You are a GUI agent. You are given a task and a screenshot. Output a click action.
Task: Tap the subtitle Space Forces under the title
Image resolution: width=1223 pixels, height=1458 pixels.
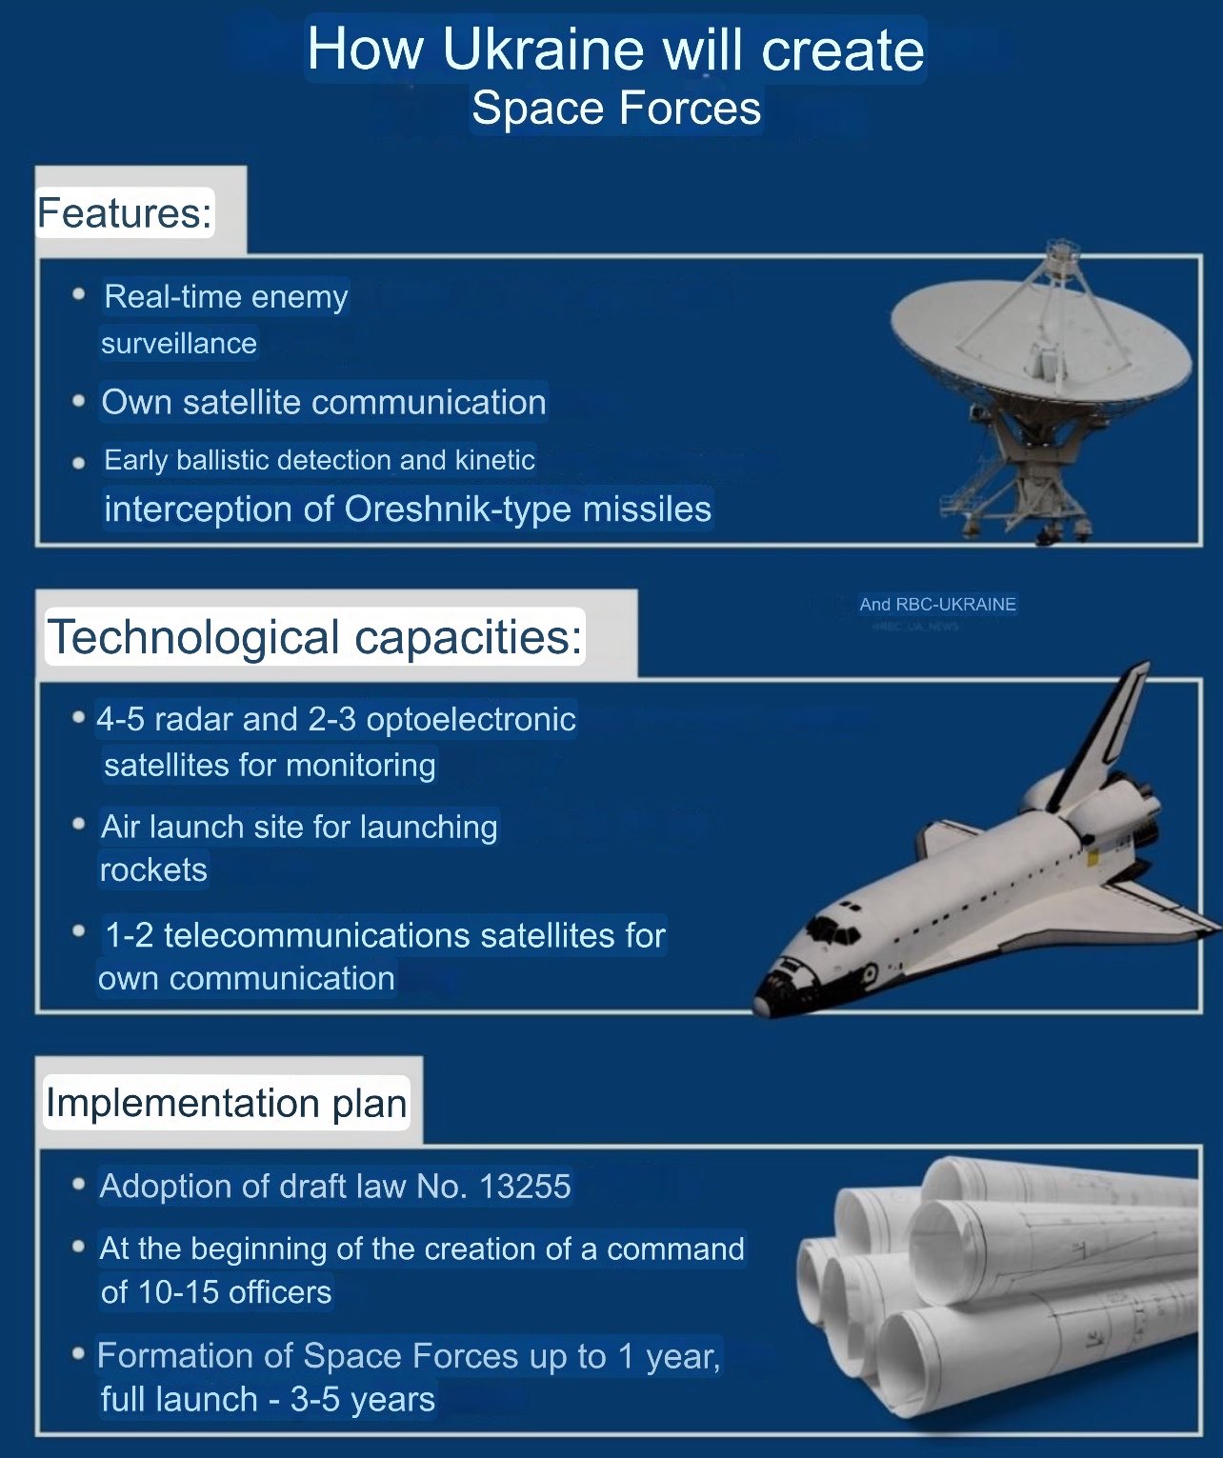point(616,109)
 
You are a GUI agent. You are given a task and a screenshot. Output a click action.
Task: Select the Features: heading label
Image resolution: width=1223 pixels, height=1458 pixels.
point(125,212)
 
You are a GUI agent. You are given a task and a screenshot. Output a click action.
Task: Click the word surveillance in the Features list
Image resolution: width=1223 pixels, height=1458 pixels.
point(179,343)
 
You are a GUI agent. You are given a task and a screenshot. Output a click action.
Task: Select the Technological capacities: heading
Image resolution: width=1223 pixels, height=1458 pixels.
point(314,636)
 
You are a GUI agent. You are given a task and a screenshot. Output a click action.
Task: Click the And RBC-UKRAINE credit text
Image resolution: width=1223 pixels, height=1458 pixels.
point(937,604)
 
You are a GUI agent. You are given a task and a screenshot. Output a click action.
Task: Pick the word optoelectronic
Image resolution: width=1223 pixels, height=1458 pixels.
point(471,719)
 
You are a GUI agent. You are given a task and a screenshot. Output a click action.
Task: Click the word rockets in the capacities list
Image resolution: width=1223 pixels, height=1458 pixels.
point(153,870)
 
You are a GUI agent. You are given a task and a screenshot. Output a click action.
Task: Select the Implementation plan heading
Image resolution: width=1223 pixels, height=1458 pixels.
point(227,1103)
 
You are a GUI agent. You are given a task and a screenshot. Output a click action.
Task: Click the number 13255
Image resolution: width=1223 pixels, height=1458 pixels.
point(525,1187)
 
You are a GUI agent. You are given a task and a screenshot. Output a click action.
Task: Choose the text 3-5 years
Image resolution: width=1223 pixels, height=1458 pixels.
point(363,1399)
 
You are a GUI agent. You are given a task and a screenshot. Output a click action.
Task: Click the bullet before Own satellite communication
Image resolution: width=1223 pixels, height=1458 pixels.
point(79,402)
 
